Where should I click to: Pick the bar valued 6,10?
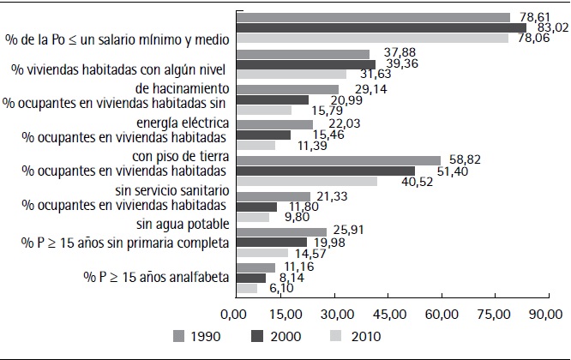(x=245, y=288)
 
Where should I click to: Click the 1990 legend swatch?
(x=179, y=336)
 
